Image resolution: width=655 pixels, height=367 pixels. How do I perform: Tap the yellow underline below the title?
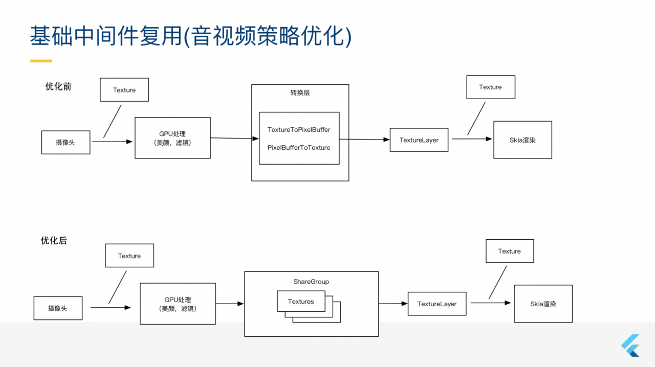pyautogui.click(x=41, y=61)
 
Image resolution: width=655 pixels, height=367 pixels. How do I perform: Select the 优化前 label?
pyautogui.click(x=58, y=87)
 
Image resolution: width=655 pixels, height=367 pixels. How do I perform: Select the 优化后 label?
pyautogui.click(x=54, y=241)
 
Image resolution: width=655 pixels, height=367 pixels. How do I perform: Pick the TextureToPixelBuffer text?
pyautogui.click(x=299, y=130)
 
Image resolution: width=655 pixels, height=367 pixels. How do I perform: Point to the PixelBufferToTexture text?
pyautogui.click(x=299, y=148)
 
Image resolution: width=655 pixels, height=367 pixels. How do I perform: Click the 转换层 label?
pyautogui.click(x=300, y=93)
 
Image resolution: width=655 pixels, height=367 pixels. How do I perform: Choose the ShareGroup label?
pyautogui.click(x=311, y=282)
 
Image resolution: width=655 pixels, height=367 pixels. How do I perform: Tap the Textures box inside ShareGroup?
pyautogui.click(x=301, y=301)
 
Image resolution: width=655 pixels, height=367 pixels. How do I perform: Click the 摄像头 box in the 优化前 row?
pyautogui.click(x=65, y=142)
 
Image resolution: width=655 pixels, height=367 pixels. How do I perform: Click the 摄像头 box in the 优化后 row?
pyautogui.click(x=58, y=308)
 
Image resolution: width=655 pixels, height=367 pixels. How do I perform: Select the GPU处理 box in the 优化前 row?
pyautogui.click(x=172, y=137)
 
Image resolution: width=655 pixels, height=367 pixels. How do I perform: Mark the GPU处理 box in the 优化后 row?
pyautogui.click(x=178, y=304)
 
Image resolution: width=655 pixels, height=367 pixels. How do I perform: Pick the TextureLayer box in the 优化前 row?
pyautogui.click(x=419, y=140)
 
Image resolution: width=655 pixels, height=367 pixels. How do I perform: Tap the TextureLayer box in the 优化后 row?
pyautogui.click(x=437, y=304)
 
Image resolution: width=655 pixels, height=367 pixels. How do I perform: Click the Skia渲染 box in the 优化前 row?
pyautogui.click(x=522, y=140)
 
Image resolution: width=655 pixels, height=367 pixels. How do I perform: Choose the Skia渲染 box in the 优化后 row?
pyautogui.click(x=543, y=304)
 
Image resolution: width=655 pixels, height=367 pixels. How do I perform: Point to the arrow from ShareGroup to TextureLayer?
pyautogui.click(x=393, y=304)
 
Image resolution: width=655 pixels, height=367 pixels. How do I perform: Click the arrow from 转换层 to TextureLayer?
pyautogui.click(x=364, y=139)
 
